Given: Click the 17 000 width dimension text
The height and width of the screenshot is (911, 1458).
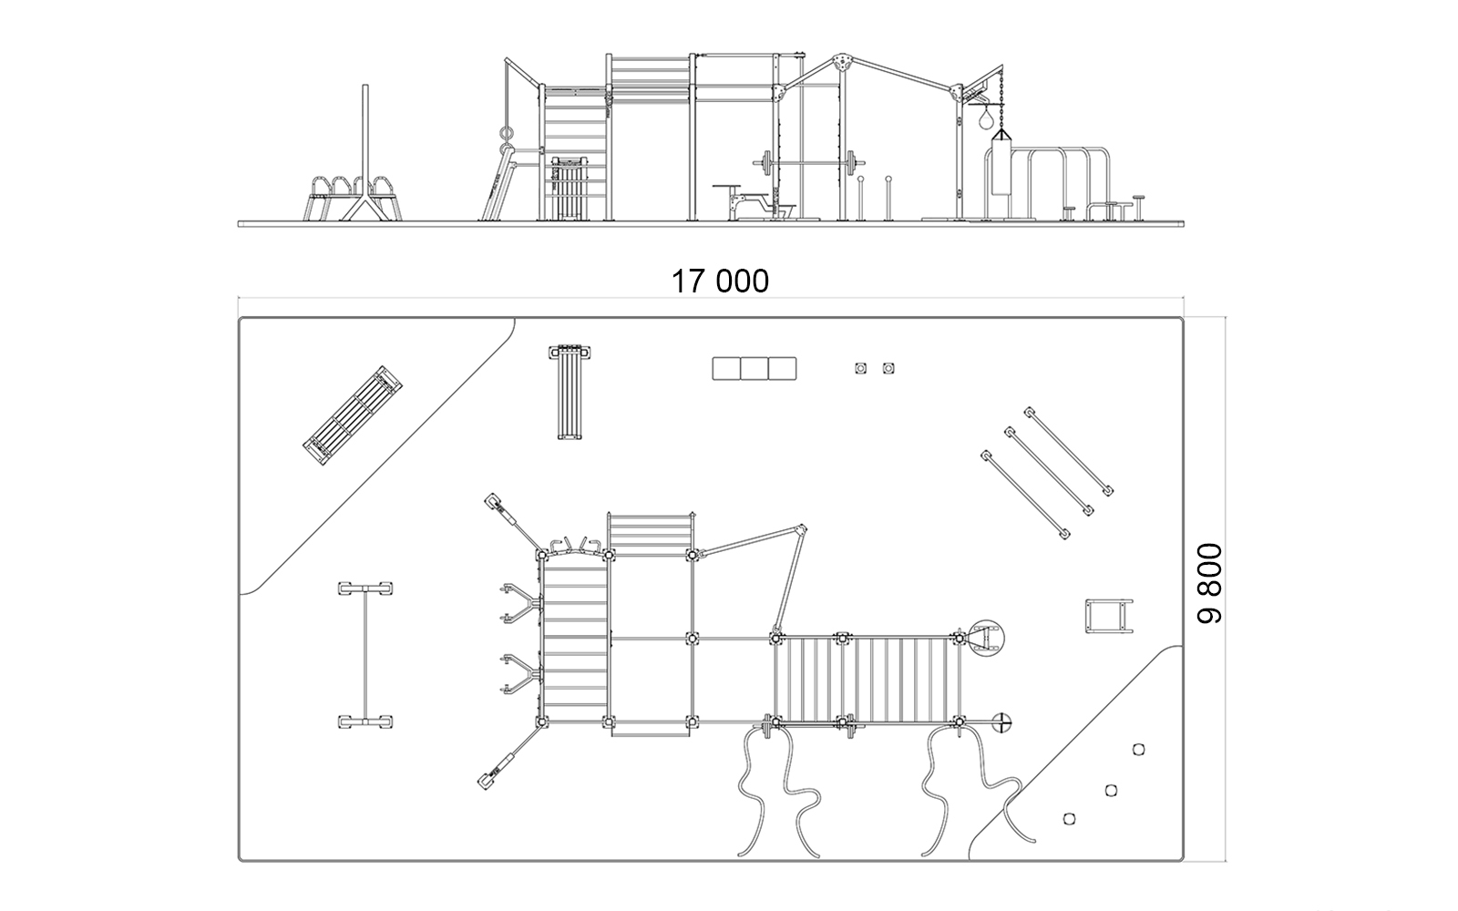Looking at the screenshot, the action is (x=720, y=281).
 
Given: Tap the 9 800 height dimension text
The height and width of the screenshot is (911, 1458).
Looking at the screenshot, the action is (x=1210, y=584).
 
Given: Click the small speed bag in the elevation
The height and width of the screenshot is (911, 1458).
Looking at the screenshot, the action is (x=988, y=120).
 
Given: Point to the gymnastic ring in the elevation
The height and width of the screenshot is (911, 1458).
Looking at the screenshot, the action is (x=508, y=135).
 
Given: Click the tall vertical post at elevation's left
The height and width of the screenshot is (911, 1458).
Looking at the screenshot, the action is (x=365, y=140).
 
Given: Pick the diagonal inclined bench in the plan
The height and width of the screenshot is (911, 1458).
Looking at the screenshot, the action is (x=352, y=415).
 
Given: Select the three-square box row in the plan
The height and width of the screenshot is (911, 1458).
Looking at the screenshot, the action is (x=755, y=368).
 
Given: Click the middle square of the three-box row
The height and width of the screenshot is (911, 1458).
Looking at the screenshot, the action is (x=755, y=368).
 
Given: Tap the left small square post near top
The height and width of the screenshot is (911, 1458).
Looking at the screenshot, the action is (x=860, y=368).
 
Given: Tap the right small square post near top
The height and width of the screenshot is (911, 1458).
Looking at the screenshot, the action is (x=888, y=368).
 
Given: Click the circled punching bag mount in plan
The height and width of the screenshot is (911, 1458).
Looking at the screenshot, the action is (x=987, y=639).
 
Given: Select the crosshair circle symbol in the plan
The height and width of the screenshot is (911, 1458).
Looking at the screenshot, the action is (x=1003, y=722).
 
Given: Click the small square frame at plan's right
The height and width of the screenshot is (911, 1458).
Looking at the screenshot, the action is (x=1109, y=616).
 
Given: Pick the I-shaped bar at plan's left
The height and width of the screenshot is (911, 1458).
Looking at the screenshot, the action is (x=365, y=655).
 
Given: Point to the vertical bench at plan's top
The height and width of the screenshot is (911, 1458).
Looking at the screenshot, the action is (x=570, y=392).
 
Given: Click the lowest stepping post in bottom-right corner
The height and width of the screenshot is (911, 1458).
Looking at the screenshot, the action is (x=1069, y=819).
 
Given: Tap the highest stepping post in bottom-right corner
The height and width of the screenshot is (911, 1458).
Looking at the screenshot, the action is (x=1138, y=750).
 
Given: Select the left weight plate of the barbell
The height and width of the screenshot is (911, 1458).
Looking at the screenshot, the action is (x=765, y=163).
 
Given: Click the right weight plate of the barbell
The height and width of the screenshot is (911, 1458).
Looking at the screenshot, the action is (x=851, y=163).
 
